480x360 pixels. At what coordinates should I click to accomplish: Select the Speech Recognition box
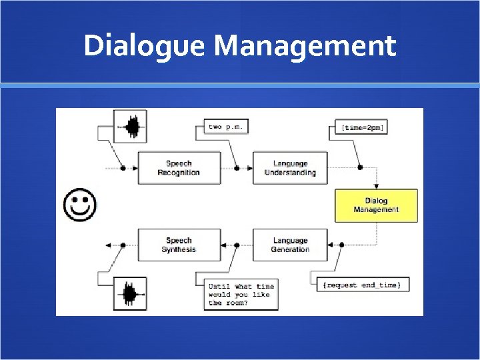(x=179, y=168)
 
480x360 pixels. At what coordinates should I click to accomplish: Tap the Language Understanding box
(x=290, y=168)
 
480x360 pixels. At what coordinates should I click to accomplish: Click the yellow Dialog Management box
(x=376, y=205)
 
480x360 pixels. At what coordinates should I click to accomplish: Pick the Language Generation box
(x=290, y=245)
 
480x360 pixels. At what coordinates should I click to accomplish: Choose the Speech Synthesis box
(x=179, y=245)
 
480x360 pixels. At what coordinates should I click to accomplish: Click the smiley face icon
(x=79, y=205)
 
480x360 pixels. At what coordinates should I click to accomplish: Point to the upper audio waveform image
(x=131, y=126)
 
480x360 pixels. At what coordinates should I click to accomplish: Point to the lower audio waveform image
(x=131, y=294)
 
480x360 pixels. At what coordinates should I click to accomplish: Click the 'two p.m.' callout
(x=226, y=126)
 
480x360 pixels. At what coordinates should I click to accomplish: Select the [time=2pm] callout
(x=362, y=127)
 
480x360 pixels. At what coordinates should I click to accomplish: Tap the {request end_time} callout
(x=361, y=285)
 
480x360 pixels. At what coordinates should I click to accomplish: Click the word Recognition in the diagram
(x=179, y=173)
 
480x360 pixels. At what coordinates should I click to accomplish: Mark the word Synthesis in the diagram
(x=179, y=249)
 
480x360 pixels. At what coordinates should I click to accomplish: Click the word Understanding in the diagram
(x=290, y=173)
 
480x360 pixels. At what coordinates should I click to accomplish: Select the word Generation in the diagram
(x=290, y=249)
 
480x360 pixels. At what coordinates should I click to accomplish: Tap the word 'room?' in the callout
(x=239, y=303)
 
